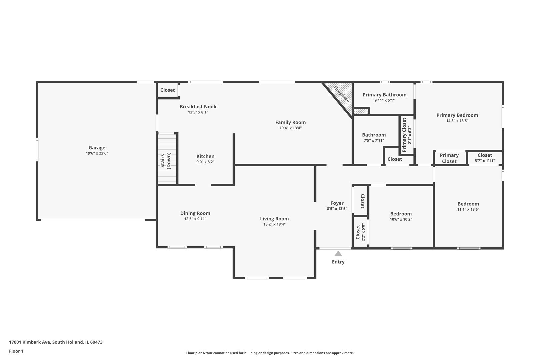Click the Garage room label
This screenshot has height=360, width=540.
pos(97,148)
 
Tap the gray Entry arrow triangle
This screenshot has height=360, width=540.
pos(338,253)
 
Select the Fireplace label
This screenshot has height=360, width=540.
pos(341,94)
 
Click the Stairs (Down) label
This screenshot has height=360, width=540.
pos(166,161)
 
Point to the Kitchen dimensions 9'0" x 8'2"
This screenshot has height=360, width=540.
pos(205,162)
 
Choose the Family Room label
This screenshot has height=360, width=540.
pos(290,122)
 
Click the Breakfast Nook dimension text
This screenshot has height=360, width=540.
pos(198,112)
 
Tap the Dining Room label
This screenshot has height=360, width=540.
pos(195,213)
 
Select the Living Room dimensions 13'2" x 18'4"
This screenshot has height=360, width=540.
pos(274,224)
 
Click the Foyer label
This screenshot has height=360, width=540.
pos(337,203)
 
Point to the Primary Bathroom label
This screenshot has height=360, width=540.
pos(385,95)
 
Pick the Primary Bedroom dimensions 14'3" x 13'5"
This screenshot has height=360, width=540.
pos(457,121)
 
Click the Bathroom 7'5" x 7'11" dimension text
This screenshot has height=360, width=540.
pos(374,140)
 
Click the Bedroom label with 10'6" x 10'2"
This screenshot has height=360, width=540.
pos(401,214)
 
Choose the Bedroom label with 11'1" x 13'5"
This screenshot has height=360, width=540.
pos(468,204)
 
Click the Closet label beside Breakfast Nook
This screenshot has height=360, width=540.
pos(167,90)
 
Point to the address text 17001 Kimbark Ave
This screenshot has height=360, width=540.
pos(30,342)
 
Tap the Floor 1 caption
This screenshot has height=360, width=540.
pos(16,351)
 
